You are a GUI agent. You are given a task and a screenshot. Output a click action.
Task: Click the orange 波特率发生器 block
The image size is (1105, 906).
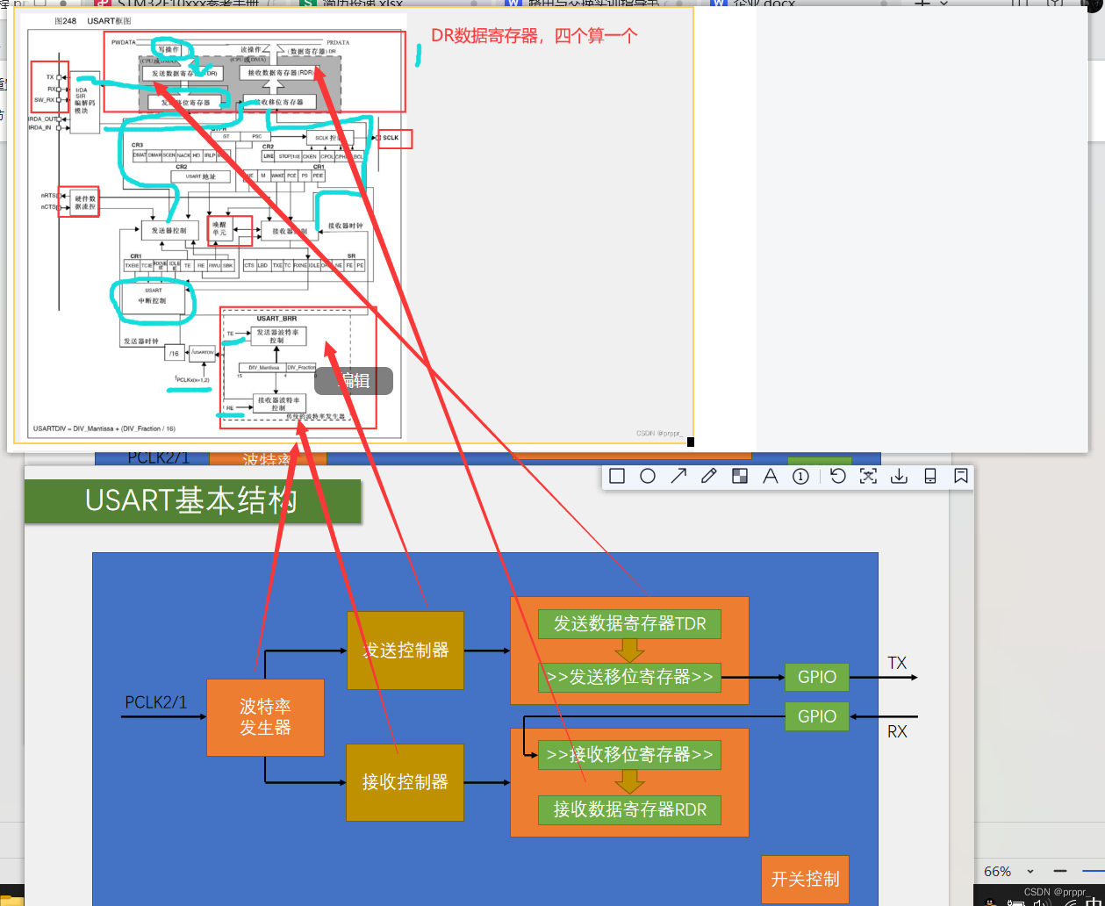265,717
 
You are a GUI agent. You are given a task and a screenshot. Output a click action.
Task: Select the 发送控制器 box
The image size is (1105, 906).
405,651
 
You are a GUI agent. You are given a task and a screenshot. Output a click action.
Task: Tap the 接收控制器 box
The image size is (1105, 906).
405,782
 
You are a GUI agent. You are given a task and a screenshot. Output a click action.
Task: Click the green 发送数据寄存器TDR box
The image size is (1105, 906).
629,624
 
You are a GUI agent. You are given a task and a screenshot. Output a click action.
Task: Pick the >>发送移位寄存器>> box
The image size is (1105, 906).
629,677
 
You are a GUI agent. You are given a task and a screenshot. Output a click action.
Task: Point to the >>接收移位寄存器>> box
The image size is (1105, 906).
629,754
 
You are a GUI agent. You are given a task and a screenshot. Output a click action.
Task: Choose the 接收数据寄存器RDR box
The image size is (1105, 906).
629,809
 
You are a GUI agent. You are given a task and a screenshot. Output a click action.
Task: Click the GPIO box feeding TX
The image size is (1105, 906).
817,677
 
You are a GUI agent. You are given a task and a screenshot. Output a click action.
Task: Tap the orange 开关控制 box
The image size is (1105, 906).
805,879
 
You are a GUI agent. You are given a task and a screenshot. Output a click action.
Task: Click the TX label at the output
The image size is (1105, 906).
897,663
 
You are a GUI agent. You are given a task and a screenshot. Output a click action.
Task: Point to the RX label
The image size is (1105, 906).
897,731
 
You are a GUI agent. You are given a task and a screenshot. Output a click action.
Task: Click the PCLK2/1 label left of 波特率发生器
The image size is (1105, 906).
156,702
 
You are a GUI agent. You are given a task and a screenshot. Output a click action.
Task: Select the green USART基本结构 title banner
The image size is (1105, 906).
192,501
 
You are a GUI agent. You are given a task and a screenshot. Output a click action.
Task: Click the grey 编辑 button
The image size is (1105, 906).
354,381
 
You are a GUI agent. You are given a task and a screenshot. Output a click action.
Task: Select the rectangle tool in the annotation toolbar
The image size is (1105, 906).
617,476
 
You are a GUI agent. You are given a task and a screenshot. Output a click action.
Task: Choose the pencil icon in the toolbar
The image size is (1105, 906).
709,476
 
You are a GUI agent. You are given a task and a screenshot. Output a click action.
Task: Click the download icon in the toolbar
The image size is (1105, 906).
899,476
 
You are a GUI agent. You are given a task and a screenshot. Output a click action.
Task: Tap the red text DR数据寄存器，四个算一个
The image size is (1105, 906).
534,36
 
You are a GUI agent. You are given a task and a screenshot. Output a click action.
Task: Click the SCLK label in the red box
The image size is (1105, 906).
391,138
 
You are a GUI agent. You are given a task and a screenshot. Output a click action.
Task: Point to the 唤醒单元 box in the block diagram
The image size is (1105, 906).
219,228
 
